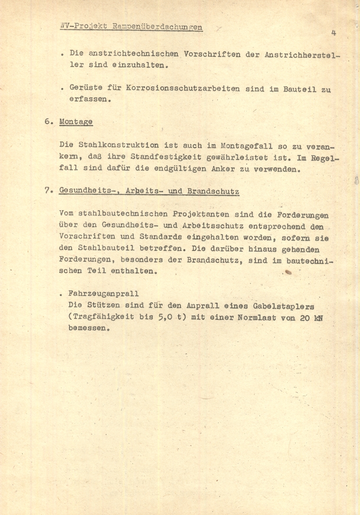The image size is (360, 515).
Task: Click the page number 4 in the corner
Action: [x=333, y=33]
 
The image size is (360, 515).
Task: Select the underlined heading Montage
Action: [x=76, y=122]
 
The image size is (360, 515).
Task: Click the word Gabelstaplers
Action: [x=287, y=306]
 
